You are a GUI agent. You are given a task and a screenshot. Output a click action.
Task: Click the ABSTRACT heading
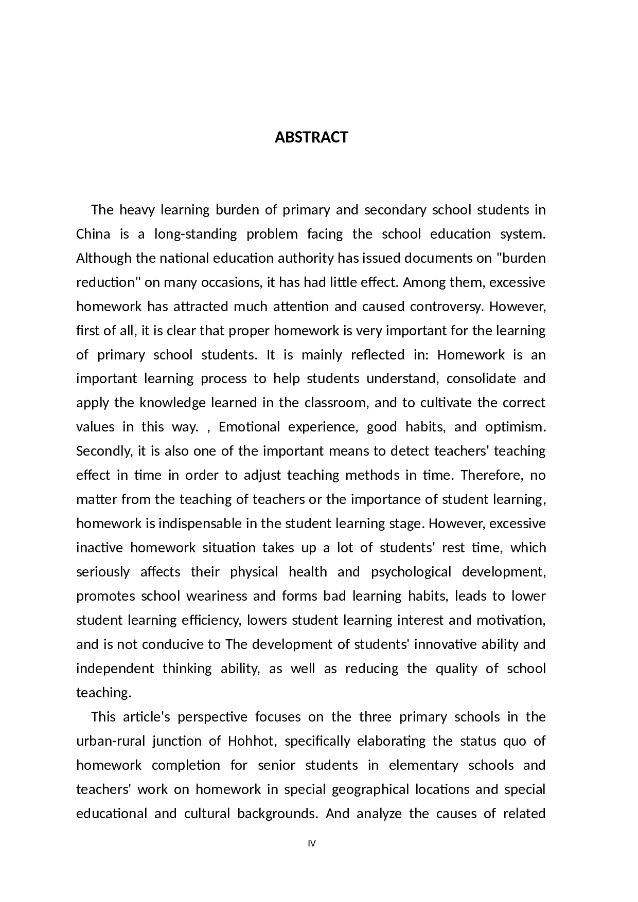(x=311, y=137)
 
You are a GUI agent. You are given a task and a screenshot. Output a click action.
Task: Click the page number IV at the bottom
(x=311, y=843)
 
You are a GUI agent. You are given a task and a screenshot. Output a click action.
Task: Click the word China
(x=93, y=234)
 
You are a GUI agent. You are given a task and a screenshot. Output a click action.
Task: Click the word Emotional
(x=249, y=427)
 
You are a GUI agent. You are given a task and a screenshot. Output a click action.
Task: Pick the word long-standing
(x=196, y=234)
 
